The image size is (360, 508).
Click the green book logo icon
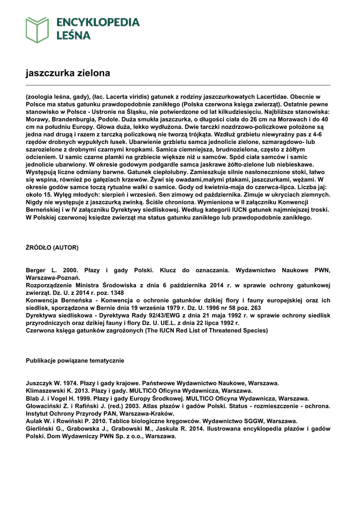(37, 29)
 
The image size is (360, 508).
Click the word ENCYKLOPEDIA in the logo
(98, 22)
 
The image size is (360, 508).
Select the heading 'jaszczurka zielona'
(68, 73)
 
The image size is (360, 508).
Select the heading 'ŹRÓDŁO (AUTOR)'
(52, 247)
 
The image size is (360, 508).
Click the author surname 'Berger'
(37, 270)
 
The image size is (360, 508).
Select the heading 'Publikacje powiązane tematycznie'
(75, 360)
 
